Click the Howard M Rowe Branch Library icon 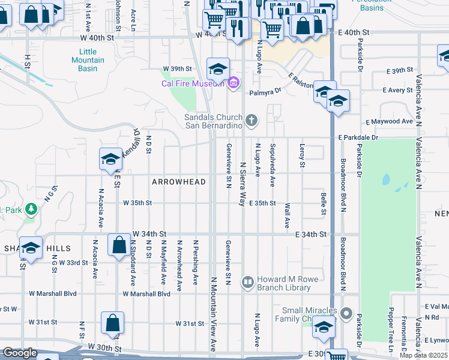click(x=248, y=281)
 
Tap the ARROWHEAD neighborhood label click(x=179, y=182)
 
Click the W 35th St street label click(x=137, y=203)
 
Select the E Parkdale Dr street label click(x=358, y=137)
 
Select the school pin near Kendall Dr click(x=110, y=159)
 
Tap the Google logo click(x=20, y=353)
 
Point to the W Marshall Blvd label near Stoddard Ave click(x=146, y=294)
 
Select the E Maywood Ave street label click(x=390, y=122)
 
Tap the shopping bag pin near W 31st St click(x=112, y=322)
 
